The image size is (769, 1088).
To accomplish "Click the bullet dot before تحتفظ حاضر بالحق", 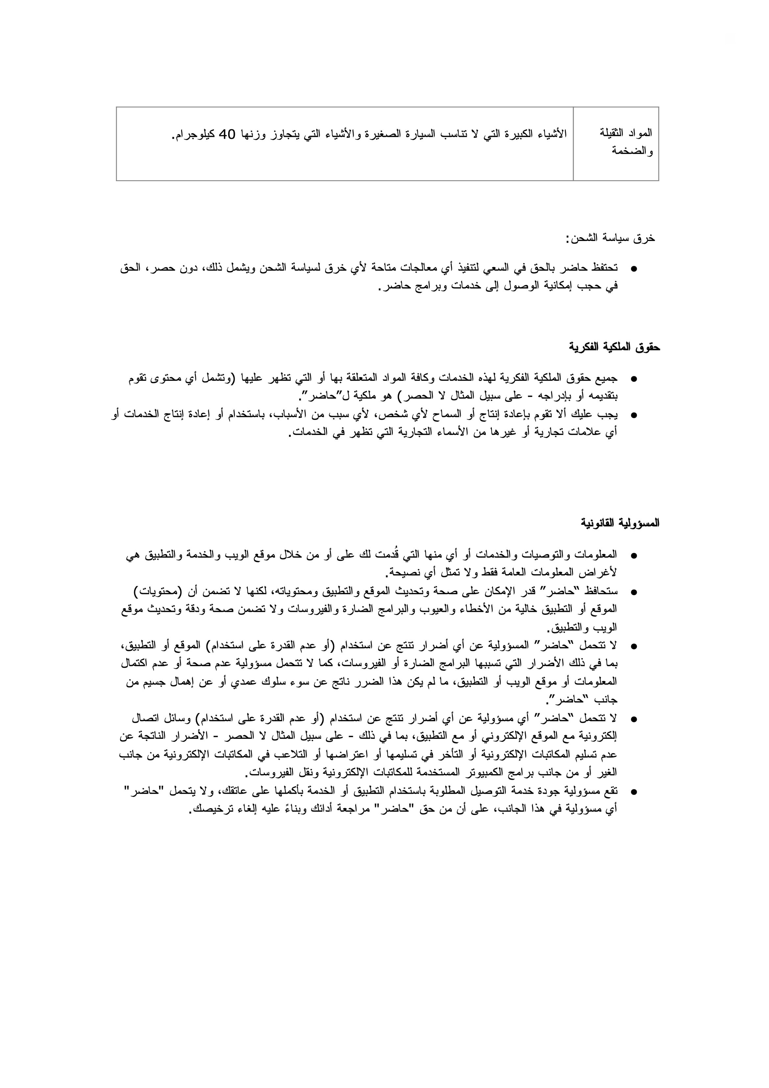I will pos(634,269).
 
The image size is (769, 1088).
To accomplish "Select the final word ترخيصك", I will pos(209,810).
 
